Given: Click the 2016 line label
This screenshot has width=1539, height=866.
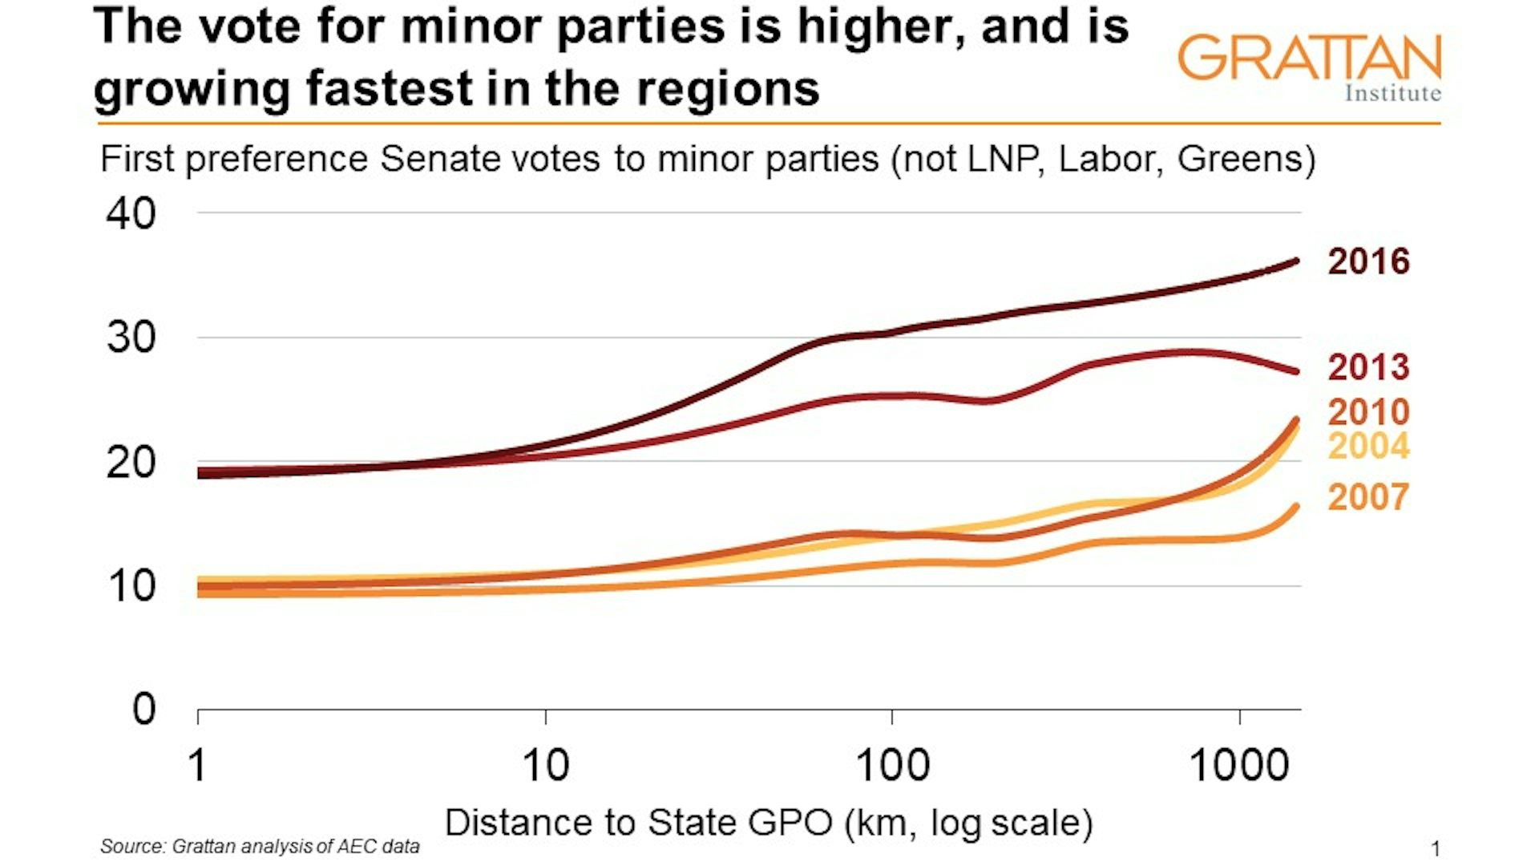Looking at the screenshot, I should tap(1367, 262).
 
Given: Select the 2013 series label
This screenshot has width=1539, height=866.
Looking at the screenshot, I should tap(1367, 367).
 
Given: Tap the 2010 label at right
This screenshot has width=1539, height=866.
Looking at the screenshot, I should tap(1367, 412).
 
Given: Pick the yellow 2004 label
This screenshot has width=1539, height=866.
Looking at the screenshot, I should tap(1367, 447).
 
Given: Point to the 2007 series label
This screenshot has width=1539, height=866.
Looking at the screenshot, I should tap(1367, 497).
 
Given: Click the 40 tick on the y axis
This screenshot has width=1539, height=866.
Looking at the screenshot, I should tap(131, 214).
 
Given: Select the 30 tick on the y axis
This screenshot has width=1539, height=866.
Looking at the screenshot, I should tap(131, 338).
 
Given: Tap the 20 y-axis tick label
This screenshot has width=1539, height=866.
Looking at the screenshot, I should tap(131, 463).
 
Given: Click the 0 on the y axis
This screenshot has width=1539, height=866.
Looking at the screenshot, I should tap(143, 709).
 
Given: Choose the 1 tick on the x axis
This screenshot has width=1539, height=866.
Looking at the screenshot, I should tap(197, 765).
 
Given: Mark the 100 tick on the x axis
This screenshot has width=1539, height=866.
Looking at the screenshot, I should tap(892, 765).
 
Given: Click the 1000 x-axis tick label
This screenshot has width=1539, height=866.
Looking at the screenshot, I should tap(1239, 765).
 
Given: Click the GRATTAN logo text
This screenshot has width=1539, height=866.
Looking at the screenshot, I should tap(1308, 58).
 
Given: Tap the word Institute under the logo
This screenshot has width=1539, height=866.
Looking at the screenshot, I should tap(1392, 93).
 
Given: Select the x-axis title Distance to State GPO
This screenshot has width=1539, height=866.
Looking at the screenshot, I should tap(768, 823).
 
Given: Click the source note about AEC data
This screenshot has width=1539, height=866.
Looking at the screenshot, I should tap(260, 846).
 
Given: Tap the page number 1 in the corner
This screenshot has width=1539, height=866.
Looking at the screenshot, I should tap(1435, 848).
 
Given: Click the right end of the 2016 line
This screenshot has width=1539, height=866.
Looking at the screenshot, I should tap(1295, 261).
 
